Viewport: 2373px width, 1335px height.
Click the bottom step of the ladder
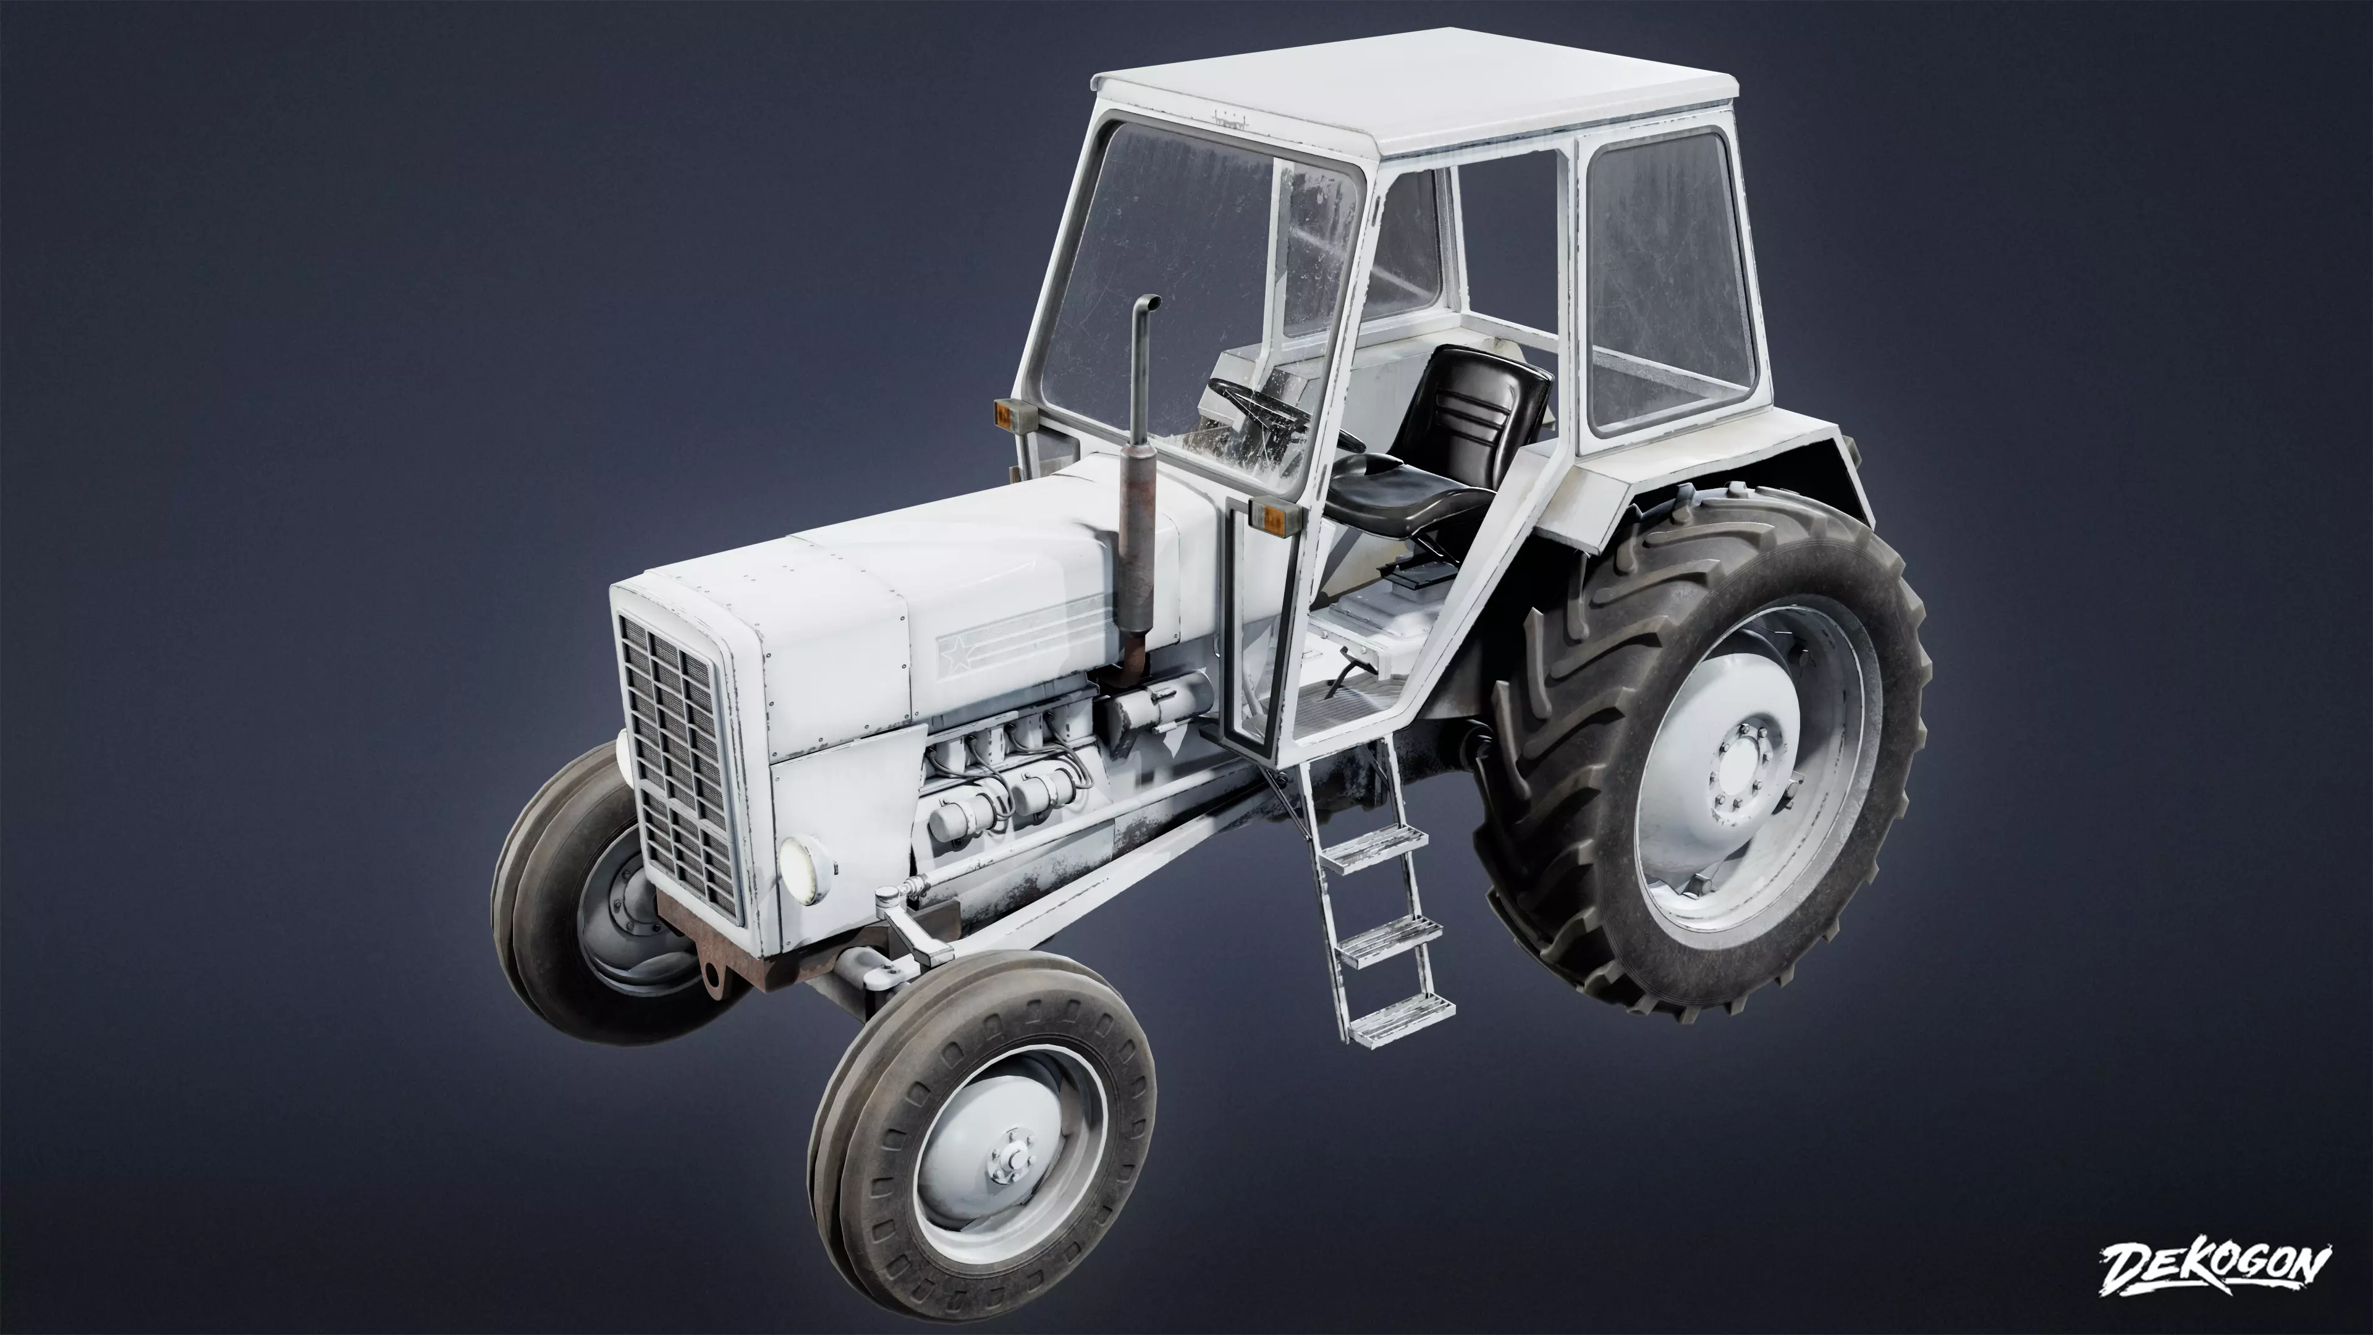pos(1400,1016)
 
